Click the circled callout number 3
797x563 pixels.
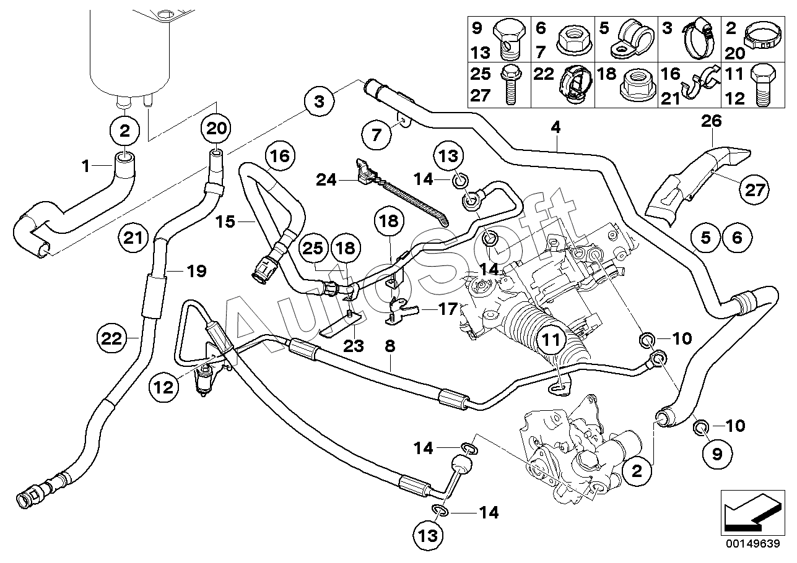pyautogui.click(x=319, y=101)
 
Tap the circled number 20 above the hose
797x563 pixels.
pyautogui.click(x=216, y=127)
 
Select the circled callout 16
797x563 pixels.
pyautogui.click(x=280, y=156)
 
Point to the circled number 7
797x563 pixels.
pyautogui.click(x=377, y=135)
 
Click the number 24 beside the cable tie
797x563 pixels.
pyautogui.click(x=326, y=180)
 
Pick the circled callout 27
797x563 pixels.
pyautogui.click(x=754, y=190)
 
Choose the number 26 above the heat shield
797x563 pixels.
pyautogui.click(x=712, y=121)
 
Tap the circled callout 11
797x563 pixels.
pyautogui.click(x=551, y=340)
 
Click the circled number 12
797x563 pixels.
pyautogui.click(x=163, y=387)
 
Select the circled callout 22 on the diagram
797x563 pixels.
pyautogui.click(x=111, y=338)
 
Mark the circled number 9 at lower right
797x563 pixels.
pyautogui.click(x=717, y=454)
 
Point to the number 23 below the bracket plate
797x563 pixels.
pyautogui.click(x=354, y=345)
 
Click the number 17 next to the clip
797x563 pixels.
pyautogui.click(x=448, y=309)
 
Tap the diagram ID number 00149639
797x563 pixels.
pyautogui.click(x=752, y=544)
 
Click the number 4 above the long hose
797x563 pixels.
pyautogui.click(x=555, y=127)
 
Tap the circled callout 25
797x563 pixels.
pyautogui.click(x=313, y=249)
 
